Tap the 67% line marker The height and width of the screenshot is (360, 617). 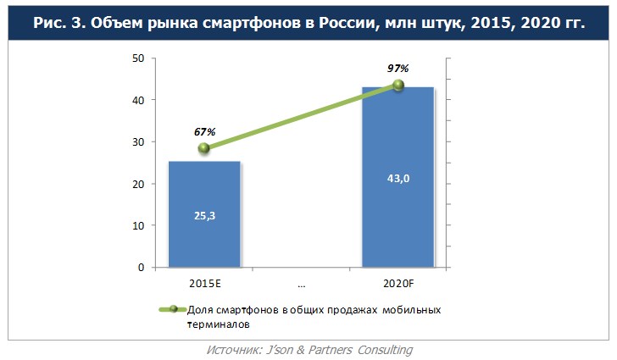(x=204, y=148)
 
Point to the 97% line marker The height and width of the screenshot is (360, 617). (x=397, y=85)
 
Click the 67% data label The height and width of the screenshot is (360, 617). (x=204, y=131)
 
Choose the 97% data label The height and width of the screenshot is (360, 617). (x=398, y=67)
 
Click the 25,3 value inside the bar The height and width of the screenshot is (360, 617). (x=204, y=215)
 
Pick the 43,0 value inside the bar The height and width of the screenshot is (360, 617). (x=397, y=180)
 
